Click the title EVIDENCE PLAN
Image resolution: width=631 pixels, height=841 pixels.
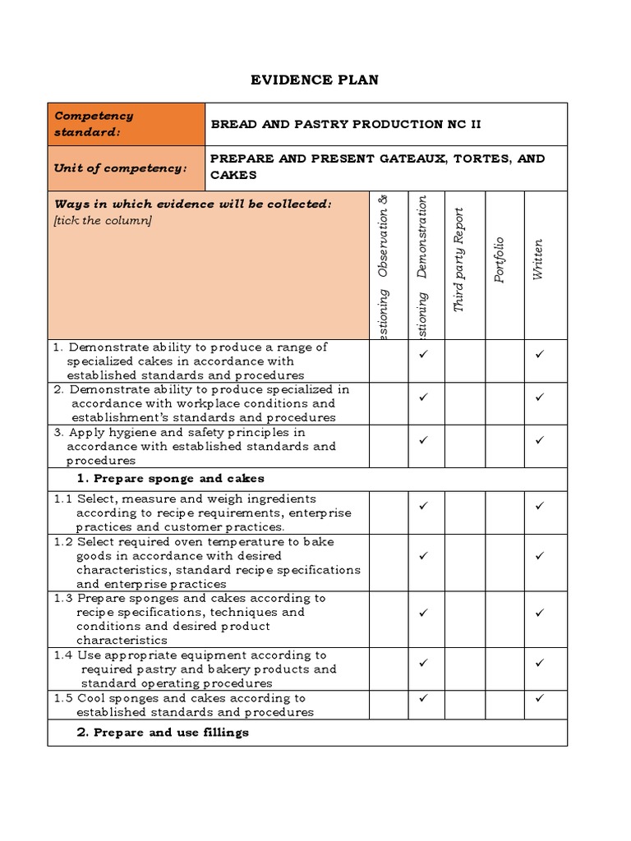315,80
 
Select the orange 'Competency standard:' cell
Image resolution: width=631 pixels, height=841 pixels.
126,124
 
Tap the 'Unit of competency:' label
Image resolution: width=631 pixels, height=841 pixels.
121,168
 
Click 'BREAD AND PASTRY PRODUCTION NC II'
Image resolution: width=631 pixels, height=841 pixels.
346,124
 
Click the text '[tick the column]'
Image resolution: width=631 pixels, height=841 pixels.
103,220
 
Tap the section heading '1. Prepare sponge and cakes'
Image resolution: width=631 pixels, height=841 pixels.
171,479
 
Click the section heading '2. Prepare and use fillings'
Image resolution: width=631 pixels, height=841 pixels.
163,733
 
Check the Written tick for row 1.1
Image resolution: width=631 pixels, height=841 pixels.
540,506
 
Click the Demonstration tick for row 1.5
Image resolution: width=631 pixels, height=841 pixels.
423,698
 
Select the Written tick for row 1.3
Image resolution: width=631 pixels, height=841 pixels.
540,613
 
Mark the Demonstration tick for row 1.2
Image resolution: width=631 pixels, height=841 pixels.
423,556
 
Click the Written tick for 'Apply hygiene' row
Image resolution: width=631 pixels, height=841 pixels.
540,440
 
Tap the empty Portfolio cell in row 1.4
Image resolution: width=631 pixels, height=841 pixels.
504,669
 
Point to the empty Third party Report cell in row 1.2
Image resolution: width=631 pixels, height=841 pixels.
465,563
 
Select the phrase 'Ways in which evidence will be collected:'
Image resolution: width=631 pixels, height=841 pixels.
193,205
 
